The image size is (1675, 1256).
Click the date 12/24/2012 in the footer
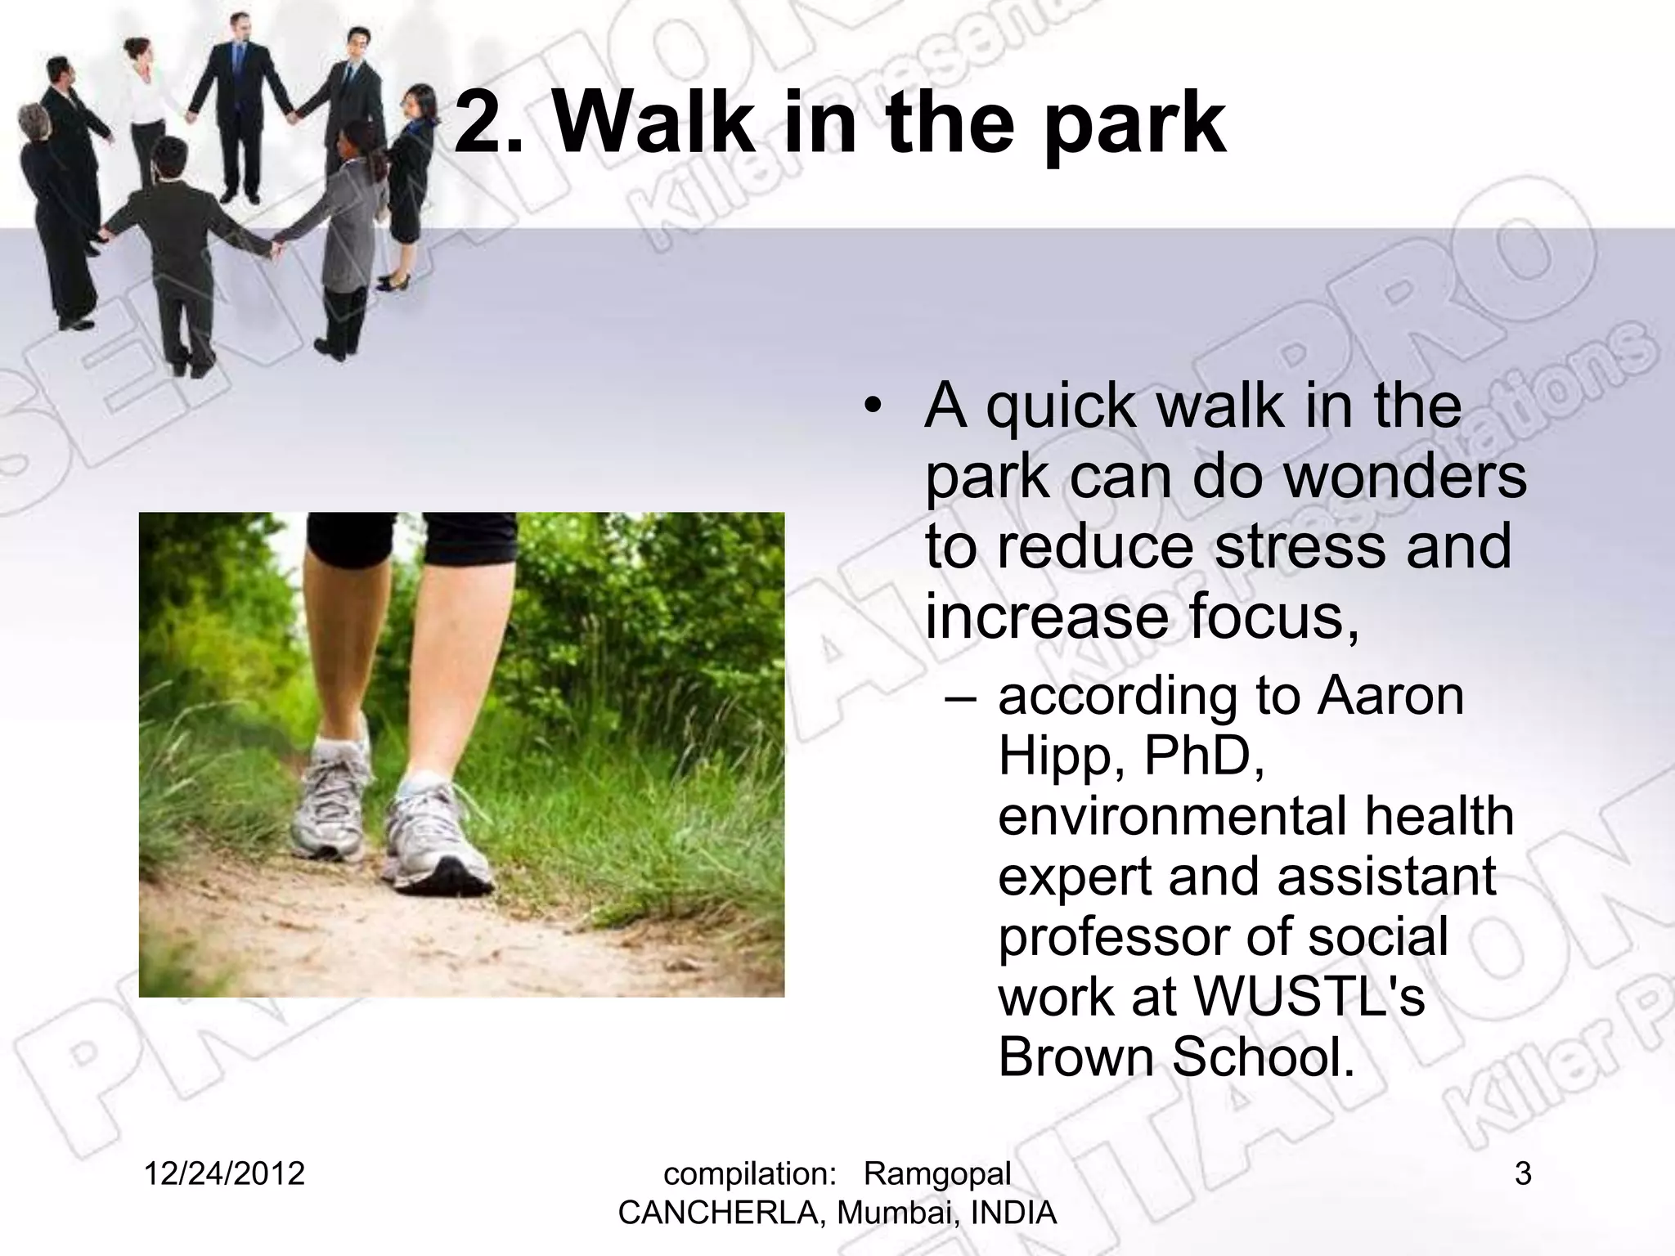pyautogui.click(x=224, y=1174)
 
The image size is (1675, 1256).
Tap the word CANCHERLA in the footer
pyautogui.click(x=723, y=1213)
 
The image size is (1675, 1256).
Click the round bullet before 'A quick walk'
pyautogui.click(x=873, y=406)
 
